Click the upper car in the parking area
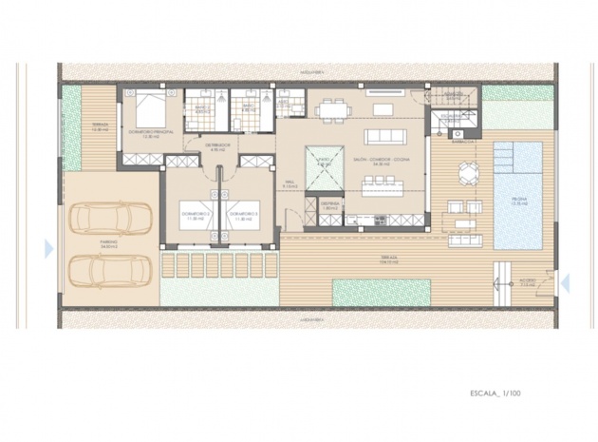106,219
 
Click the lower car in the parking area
106,270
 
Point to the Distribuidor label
216,146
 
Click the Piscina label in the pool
517,201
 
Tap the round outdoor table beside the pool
469,172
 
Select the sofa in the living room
384,135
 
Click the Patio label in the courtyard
325,163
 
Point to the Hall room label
290,184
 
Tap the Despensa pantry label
329,204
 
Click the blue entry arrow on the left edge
49,248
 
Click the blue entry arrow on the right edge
564,281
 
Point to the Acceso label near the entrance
530,281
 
